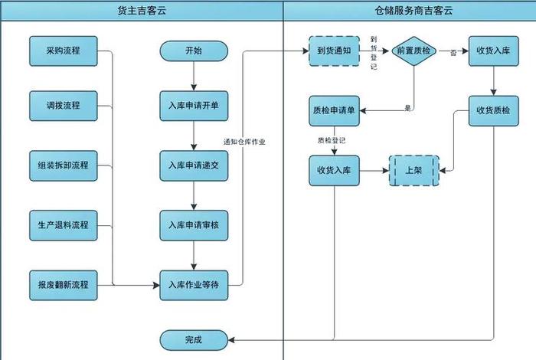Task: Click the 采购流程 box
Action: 64,51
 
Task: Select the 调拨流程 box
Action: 64,105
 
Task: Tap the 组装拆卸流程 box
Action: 64,165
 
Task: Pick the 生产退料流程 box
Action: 64,225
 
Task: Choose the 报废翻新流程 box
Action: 64,285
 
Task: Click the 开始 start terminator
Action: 194,51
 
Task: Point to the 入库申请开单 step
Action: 194,105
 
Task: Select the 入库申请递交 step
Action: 194,165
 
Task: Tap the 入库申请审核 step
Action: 194,225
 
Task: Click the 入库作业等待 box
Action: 194,285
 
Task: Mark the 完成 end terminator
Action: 194,339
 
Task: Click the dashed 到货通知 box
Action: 334,51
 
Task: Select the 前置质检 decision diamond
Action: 414,51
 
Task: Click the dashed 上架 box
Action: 413,171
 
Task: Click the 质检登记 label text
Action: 332,141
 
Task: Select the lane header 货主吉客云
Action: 142,11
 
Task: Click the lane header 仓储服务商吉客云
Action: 410,11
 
